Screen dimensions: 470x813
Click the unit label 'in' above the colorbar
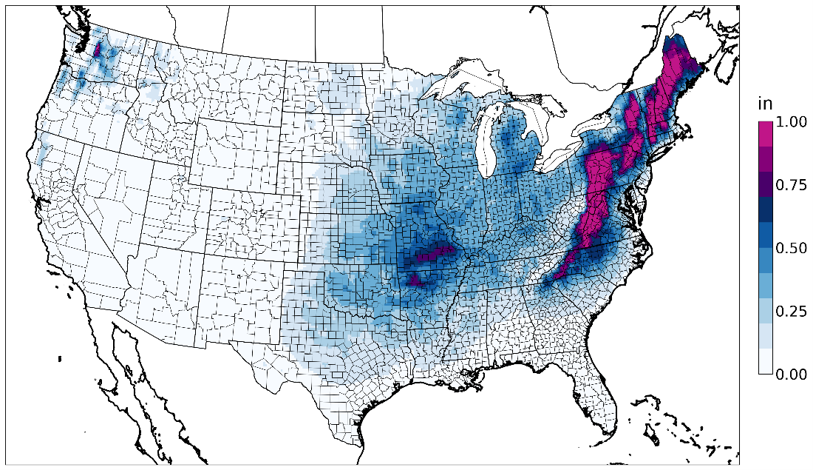[765, 104]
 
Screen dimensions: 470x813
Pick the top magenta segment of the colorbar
[766, 133]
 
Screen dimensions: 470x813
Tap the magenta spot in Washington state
[98, 50]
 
